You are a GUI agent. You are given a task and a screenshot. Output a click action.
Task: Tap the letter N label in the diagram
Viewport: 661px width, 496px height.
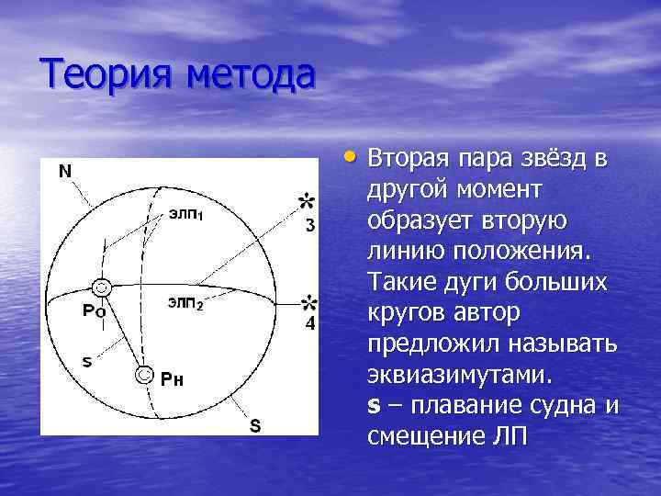[67, 171]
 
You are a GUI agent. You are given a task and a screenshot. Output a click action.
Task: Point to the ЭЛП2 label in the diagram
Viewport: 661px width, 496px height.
[185, 302]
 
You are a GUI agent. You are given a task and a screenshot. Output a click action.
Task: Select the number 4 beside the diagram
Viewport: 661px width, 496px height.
[310, 325]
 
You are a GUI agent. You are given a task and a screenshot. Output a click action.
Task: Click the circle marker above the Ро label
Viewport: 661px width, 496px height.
[103, 288]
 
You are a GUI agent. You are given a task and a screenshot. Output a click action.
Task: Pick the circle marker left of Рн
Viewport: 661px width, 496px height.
[143, 375]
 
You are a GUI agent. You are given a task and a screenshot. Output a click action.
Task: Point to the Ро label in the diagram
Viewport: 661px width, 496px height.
[94, 310]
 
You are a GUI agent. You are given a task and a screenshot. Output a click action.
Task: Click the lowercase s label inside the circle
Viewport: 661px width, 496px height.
[86, 361]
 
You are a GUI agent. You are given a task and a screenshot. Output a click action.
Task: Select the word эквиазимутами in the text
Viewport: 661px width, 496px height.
[459, 375]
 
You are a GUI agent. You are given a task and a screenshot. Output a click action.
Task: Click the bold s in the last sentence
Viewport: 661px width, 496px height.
[373, 405]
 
